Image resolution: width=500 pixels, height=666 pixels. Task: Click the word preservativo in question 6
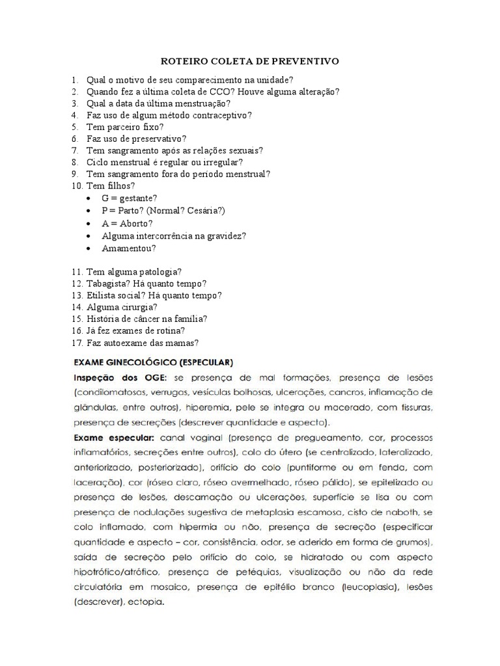pyautogui.click(x=157, y=139)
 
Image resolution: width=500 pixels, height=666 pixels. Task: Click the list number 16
pyautogui.click(x=77, y=330)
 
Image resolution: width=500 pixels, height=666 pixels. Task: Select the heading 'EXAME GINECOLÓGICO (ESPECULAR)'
pyautogui.click(x=154, y=360)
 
